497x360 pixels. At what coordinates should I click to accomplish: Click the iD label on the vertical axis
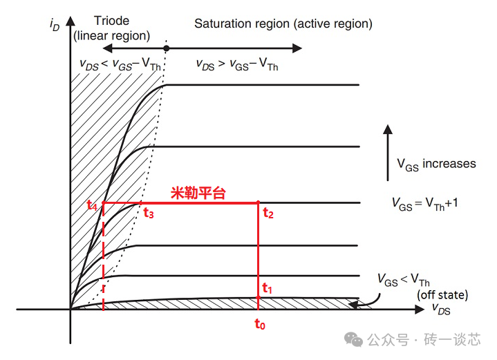pos(55,26)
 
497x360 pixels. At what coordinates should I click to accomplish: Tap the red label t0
pos(259,324)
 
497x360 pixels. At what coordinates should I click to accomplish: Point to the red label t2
pos(268,213)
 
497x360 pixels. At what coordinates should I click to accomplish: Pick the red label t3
pos(148,214)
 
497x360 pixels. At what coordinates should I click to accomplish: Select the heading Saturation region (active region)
pos(283,23)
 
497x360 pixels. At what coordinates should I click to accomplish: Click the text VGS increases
pos(436,164)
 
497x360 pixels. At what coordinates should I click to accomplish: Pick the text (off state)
pos(442,295)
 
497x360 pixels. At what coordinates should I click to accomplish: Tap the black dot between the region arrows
pos(166,48)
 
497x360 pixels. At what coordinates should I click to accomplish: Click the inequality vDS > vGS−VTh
pos(237,66)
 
